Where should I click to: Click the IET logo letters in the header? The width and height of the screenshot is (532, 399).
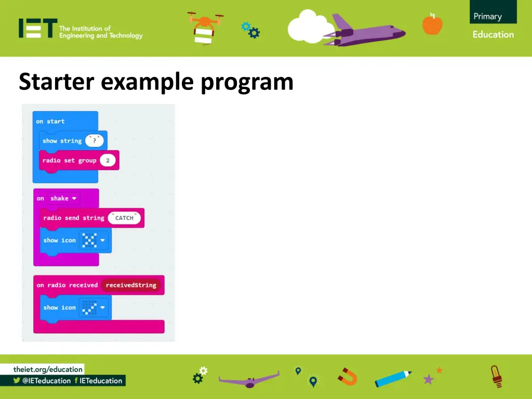click(x=37, y=29)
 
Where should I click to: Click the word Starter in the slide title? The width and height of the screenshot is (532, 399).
click(x=57, y=82)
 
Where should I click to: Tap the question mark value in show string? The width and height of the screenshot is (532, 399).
click(x=94, y=141)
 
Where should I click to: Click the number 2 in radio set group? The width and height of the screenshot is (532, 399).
click(x=108, y=161)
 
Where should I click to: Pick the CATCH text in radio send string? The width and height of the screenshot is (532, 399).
click(x=124, y=218)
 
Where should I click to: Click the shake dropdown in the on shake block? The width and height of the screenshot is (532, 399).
click(x=64, y=198)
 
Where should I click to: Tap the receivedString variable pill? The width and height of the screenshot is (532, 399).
click(x=131, y=285)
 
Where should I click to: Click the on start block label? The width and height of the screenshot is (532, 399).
click(x=50, y=122)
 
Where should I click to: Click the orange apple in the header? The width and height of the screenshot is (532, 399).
click(x=432, y=24)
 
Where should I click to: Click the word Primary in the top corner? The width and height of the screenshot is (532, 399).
click(x=487, y=16)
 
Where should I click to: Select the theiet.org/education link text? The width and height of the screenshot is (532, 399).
click(x=48, y=369)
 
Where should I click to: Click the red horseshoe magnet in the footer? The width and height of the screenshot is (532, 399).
click(x=347, y=376)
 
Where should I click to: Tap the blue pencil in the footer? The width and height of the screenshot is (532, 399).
click(x=393, y=378)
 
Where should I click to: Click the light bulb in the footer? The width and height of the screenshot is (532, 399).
click(x=496, y=376)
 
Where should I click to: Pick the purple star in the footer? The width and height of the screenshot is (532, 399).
click(x=429, y=379)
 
